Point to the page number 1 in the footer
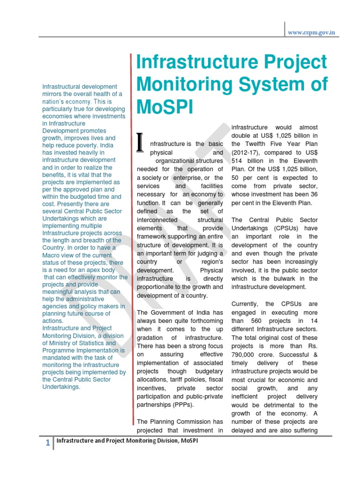coord(48,443)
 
